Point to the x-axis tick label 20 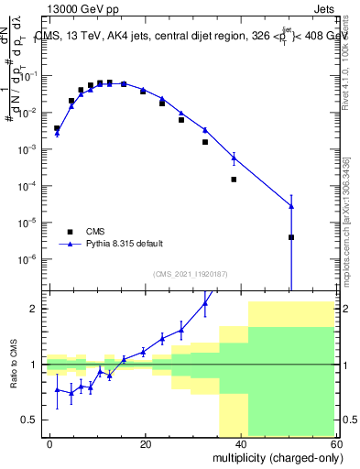(x=146, y=442)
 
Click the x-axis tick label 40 (x=240, y=442)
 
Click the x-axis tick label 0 (x=50, y=442)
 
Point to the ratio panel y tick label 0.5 (x=30, y=420)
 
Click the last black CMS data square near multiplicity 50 (x=290, y=237)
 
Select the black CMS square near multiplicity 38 (x=234, y=180)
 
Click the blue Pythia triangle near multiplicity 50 (x=290, y=206)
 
